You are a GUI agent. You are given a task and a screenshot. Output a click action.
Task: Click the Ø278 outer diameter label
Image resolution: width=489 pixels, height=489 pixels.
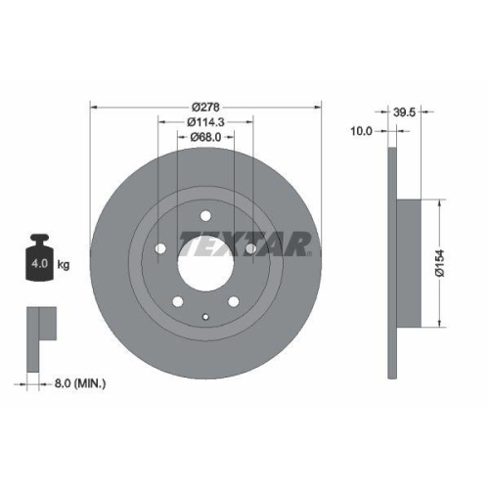click(205, 105)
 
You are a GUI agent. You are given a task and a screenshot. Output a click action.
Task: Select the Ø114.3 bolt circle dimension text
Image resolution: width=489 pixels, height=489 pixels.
click(205, 121)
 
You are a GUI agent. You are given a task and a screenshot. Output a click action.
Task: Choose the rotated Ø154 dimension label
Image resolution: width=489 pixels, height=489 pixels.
click(441, 262)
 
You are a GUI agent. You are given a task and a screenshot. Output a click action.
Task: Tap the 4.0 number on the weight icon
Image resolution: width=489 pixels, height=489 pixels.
click(39, 265)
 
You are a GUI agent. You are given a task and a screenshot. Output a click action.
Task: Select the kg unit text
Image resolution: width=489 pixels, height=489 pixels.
click(64, 265)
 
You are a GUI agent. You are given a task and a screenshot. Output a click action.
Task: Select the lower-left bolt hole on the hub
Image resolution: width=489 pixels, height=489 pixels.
click(178, 300)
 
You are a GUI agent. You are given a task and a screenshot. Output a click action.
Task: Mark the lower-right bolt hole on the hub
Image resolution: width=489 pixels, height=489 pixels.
click(233, 300)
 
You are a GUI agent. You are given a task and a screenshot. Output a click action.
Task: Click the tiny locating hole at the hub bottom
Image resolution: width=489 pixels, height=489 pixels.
click(205, 315)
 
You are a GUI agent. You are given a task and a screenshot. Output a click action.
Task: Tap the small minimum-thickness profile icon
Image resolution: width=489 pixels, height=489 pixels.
click(39, 324)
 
